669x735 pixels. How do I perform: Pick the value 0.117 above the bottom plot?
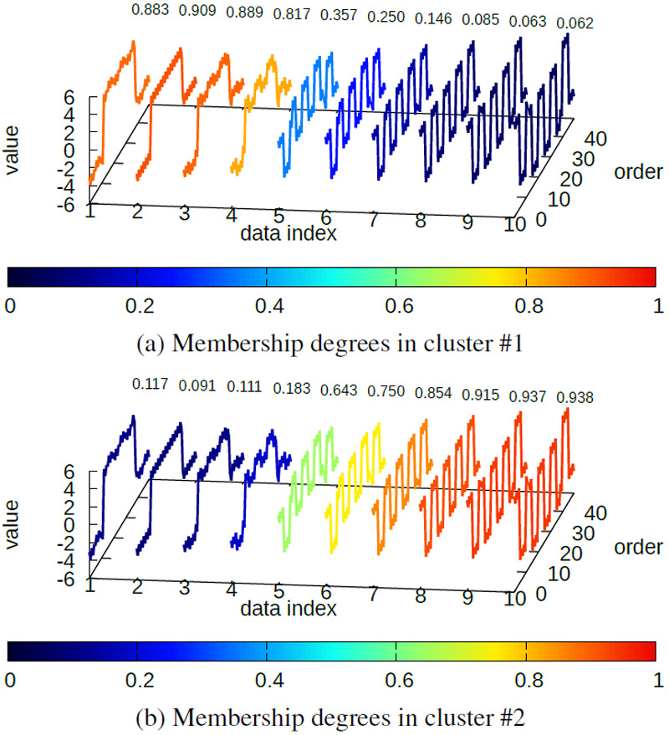(151, 385)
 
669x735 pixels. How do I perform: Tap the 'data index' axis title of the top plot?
(289, 234)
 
